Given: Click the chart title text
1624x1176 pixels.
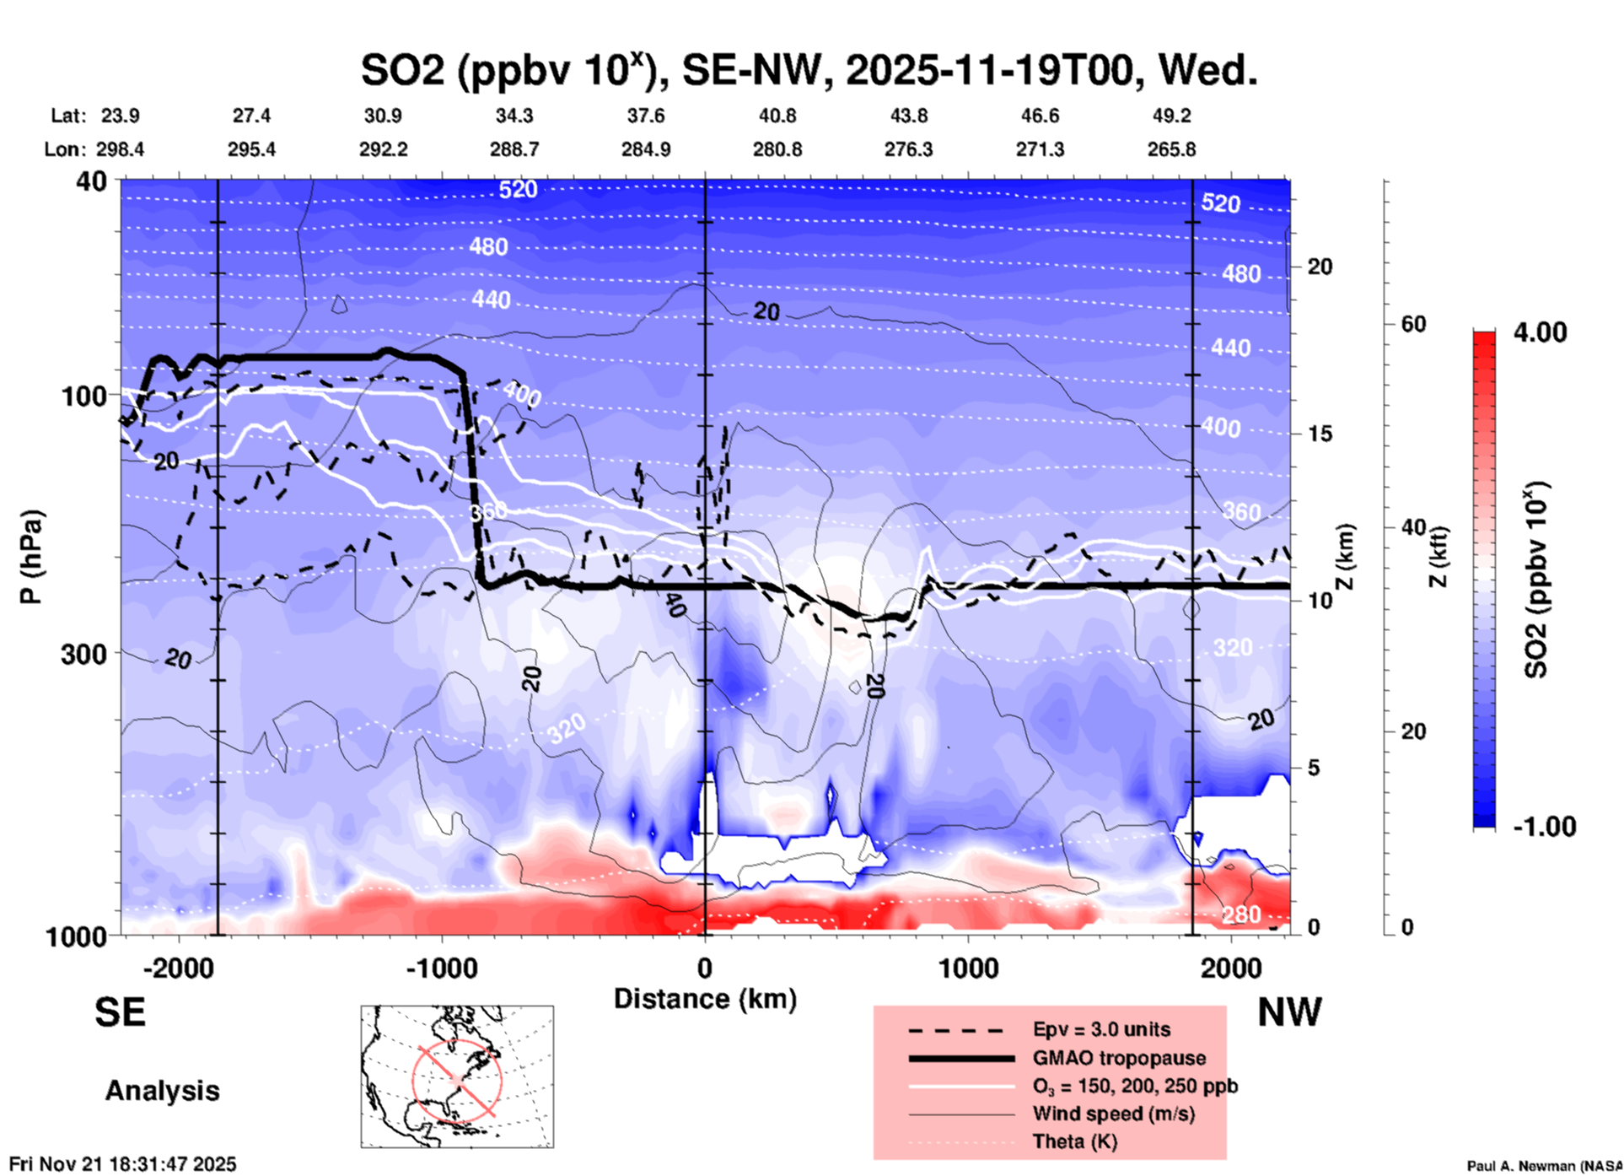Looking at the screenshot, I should click(809, 70).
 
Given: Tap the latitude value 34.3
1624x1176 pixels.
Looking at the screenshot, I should click(514, 116).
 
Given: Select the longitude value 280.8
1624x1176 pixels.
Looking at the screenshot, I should click(777, 149).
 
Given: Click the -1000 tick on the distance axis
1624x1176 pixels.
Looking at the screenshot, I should click(441, 968).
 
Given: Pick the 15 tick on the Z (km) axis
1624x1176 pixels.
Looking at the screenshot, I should click(1320, 434).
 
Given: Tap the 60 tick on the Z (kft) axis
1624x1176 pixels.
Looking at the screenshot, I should click(1412, 324).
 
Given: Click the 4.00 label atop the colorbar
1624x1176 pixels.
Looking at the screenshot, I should click(1540, 332).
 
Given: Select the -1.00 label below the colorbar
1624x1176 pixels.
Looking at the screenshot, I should click(1544, 826).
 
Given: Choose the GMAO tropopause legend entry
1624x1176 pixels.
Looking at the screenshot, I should click(1119, 1058).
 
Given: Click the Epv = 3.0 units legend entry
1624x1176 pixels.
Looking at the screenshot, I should click(1101, 1029).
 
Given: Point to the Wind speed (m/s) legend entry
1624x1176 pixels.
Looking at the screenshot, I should click(1113, 1114).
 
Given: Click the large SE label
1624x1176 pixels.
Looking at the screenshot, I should click(120, 1011).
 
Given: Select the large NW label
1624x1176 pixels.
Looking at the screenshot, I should click(1289, 1011).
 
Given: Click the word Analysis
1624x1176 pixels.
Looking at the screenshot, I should click(162, 1090).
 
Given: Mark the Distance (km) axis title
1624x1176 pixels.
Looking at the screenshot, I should click(705, 999).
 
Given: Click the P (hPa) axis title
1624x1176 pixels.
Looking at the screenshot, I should click(31, 557).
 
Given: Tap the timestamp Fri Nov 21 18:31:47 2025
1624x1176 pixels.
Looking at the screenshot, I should click(123, 1164).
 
